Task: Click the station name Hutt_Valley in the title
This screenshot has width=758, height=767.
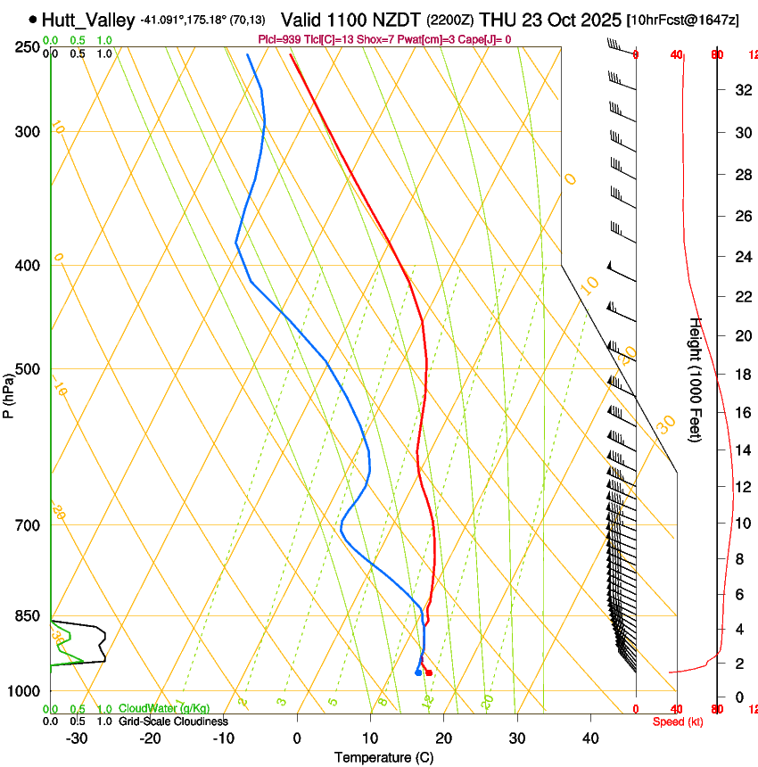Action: point(89,20)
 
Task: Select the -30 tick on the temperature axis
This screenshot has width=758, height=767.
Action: point(77,738)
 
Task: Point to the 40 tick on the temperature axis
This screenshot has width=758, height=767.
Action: point(590,738)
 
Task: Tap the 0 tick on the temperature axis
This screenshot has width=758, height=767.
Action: point(298,738)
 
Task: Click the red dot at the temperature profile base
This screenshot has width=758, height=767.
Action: point(429,672)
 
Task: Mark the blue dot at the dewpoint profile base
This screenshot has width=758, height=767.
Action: point(417,672)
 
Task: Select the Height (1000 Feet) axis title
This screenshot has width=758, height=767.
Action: point(696,380)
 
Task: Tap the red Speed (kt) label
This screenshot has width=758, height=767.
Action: point(678,722)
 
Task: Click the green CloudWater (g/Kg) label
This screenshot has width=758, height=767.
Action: point(164,709)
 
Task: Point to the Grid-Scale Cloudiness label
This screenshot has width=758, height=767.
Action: point(173,721)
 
